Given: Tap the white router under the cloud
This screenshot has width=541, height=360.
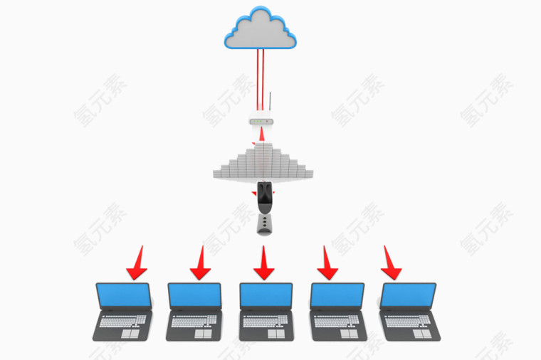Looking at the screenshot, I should pos(261,121).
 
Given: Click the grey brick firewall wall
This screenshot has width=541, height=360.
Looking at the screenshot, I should pos(263,162).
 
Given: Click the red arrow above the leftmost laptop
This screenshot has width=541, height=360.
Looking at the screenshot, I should pos(137,263).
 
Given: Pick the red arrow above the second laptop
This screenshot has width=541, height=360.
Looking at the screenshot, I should pos(200,263).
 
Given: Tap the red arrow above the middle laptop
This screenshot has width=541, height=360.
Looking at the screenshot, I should pos(263,263).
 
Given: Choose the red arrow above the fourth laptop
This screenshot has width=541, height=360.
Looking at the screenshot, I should pos(327,263).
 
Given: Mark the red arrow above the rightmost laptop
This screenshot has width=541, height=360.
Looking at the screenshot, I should pos(390,263).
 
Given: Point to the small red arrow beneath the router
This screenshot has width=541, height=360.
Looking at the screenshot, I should pos(262,134).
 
